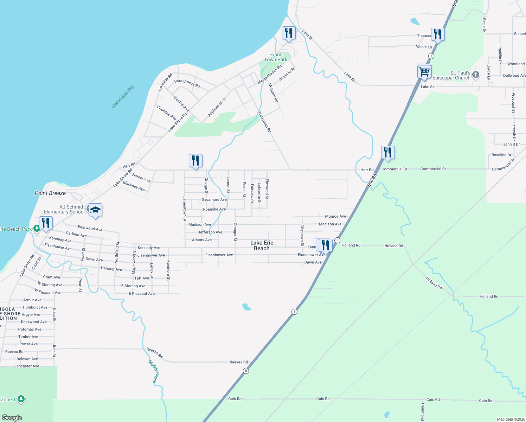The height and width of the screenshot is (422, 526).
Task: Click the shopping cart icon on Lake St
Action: [424, 71]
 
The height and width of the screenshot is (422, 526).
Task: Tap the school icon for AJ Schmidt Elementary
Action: [95, 210]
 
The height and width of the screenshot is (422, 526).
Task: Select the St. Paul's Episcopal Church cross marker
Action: [476, 75]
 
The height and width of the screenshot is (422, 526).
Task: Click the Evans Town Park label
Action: [276, 57]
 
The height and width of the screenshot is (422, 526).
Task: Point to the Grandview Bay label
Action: [122, 96]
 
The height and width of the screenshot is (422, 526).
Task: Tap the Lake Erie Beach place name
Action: [262, 245]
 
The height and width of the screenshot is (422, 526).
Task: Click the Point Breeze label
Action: [50, 193]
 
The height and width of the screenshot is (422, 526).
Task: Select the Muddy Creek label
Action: [154, 371]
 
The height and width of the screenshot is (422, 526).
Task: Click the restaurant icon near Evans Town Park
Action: [289, 33]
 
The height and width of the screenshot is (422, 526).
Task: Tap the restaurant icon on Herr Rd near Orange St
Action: [195, 161]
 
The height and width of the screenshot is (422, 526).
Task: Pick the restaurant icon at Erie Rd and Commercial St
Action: [388, 153]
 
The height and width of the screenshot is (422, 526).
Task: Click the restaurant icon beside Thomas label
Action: [438, 34]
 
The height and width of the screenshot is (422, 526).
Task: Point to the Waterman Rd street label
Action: [264, 122]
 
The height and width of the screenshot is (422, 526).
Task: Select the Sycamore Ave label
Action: [214, 199]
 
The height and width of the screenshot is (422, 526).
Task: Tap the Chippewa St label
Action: [302, 235]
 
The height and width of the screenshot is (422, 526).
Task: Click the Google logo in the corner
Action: [12, 417]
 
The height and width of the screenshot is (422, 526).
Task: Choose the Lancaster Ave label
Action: [27, 366]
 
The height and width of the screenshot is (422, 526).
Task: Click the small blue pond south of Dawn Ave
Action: [246, 307]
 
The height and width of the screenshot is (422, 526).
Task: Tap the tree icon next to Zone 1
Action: [21, 399]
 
